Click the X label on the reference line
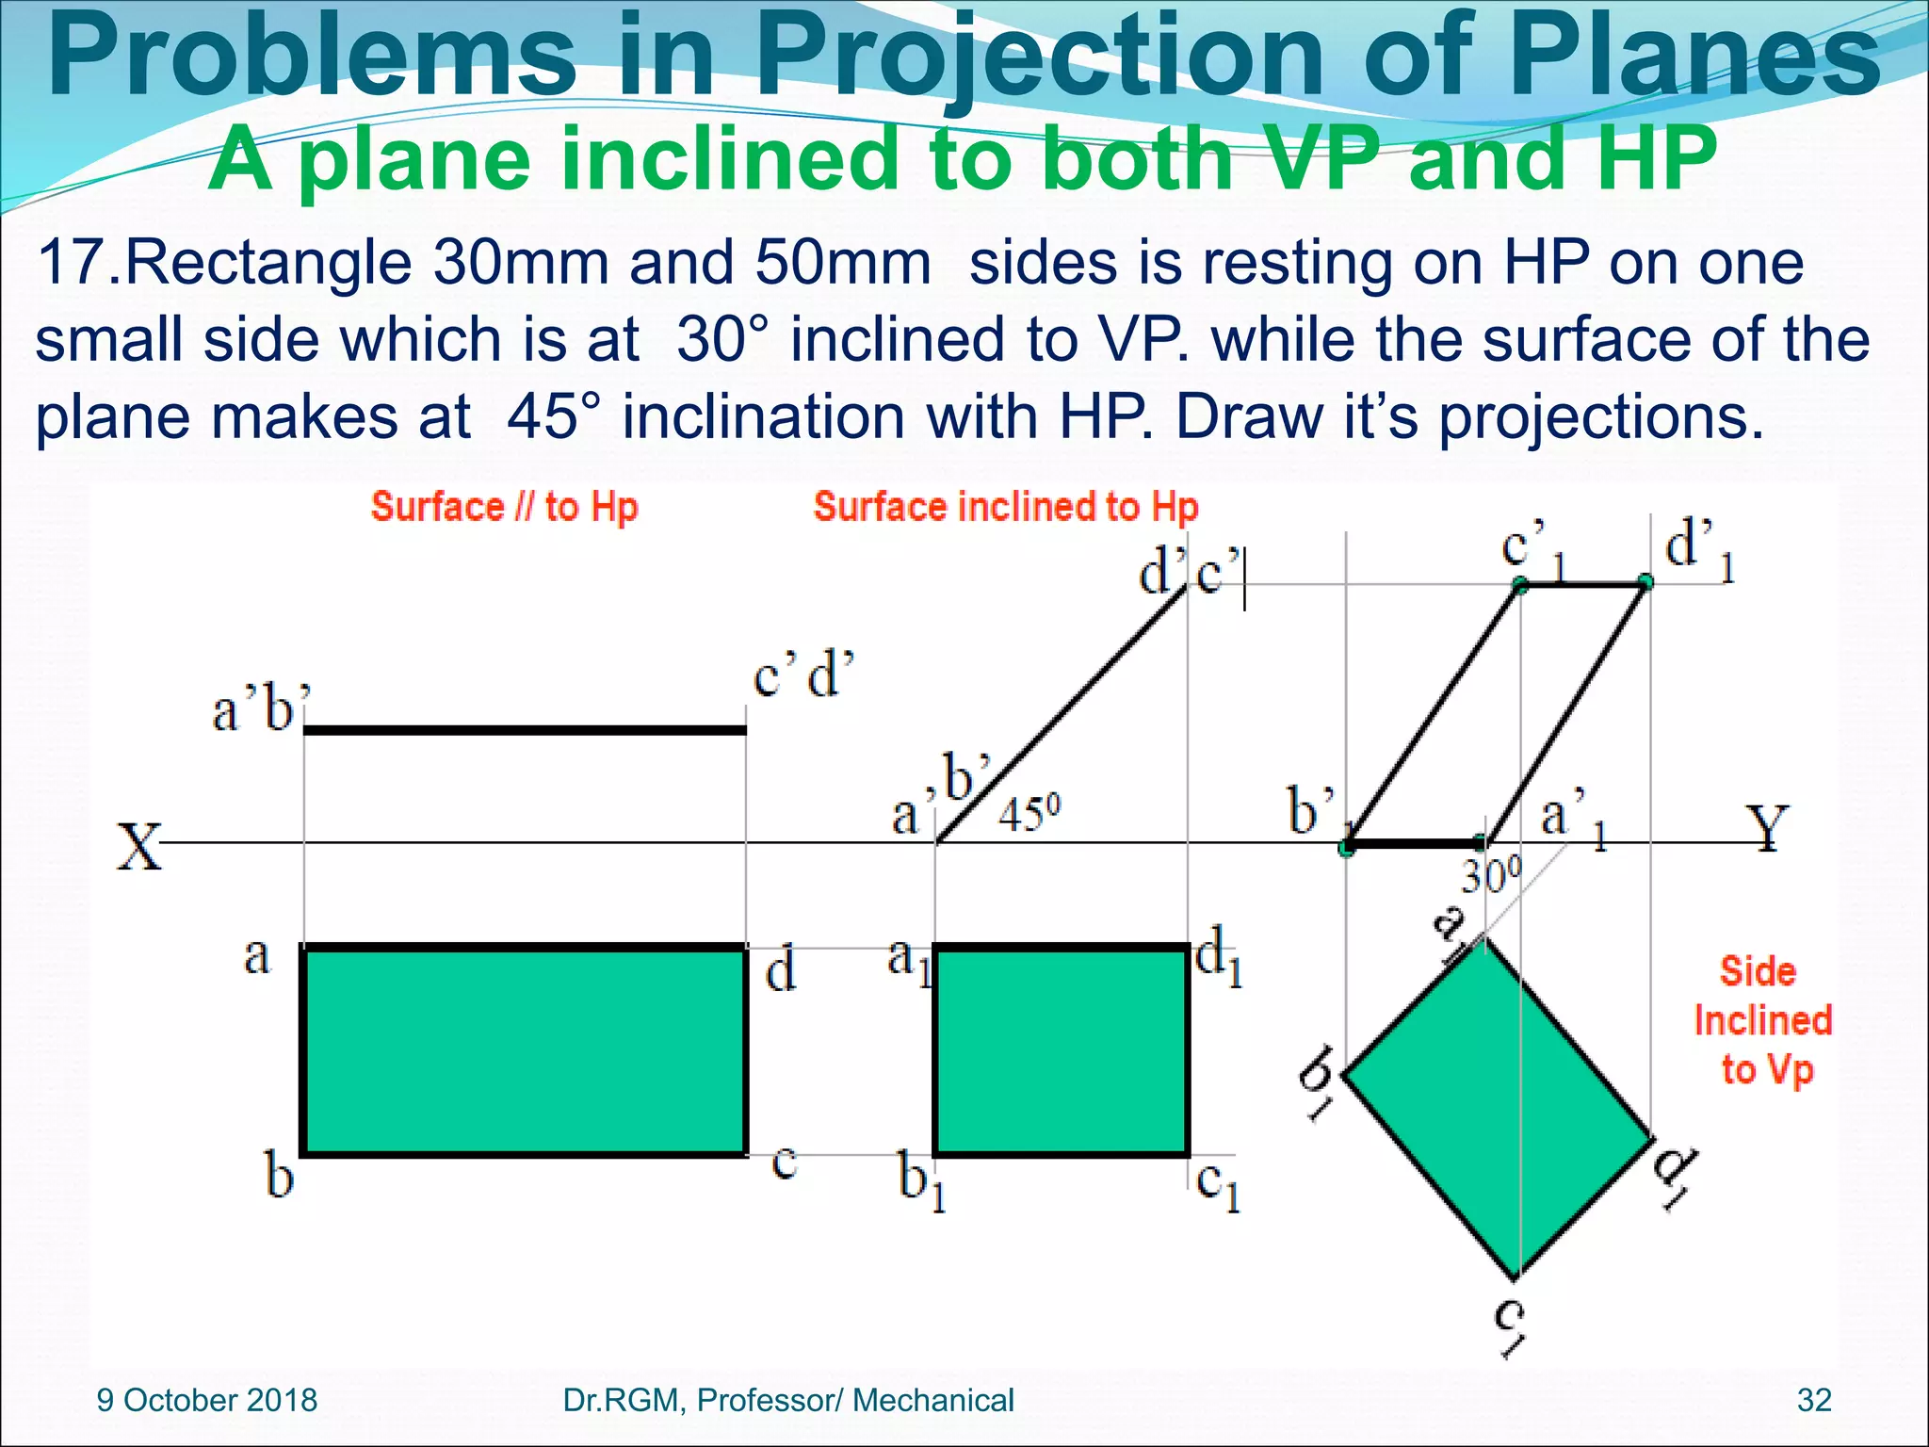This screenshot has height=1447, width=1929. [139, 847]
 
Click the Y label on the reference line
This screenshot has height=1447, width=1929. [1767, 828]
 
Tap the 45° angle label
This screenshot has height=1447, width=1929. [1029, 814]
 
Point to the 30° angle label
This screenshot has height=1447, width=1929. [1490, 877]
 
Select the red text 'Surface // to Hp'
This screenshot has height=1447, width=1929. [505, 507]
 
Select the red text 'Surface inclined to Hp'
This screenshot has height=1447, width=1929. [1005, 507]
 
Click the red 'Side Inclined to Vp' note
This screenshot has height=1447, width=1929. [1762, 1021]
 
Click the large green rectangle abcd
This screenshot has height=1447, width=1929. [525, 1050]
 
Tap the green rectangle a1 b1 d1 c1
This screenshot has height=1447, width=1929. [1062, 1050]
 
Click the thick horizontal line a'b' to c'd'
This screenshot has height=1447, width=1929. [525, 730]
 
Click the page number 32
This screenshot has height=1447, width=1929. [1814, 1401]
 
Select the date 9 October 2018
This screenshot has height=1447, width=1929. [207, 1401]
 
